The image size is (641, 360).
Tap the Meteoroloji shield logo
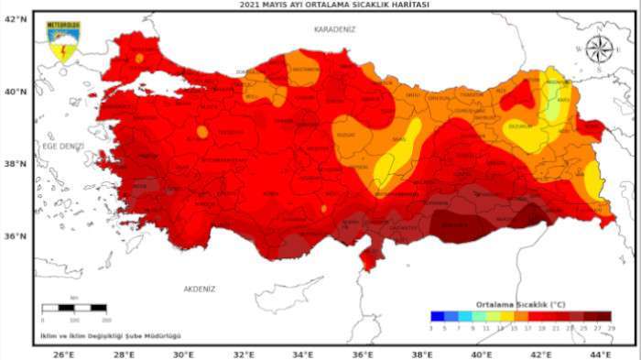62,43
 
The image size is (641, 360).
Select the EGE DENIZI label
63,146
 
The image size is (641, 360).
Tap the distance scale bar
76,309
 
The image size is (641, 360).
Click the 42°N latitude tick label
16,18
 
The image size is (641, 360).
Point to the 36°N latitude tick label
16,235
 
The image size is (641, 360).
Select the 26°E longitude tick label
63,353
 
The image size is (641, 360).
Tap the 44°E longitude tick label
599,353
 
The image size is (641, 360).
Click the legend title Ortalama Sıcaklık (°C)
520,303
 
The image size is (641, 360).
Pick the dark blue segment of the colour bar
437,316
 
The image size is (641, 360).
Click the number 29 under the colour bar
611,327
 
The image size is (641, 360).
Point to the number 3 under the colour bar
430,327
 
